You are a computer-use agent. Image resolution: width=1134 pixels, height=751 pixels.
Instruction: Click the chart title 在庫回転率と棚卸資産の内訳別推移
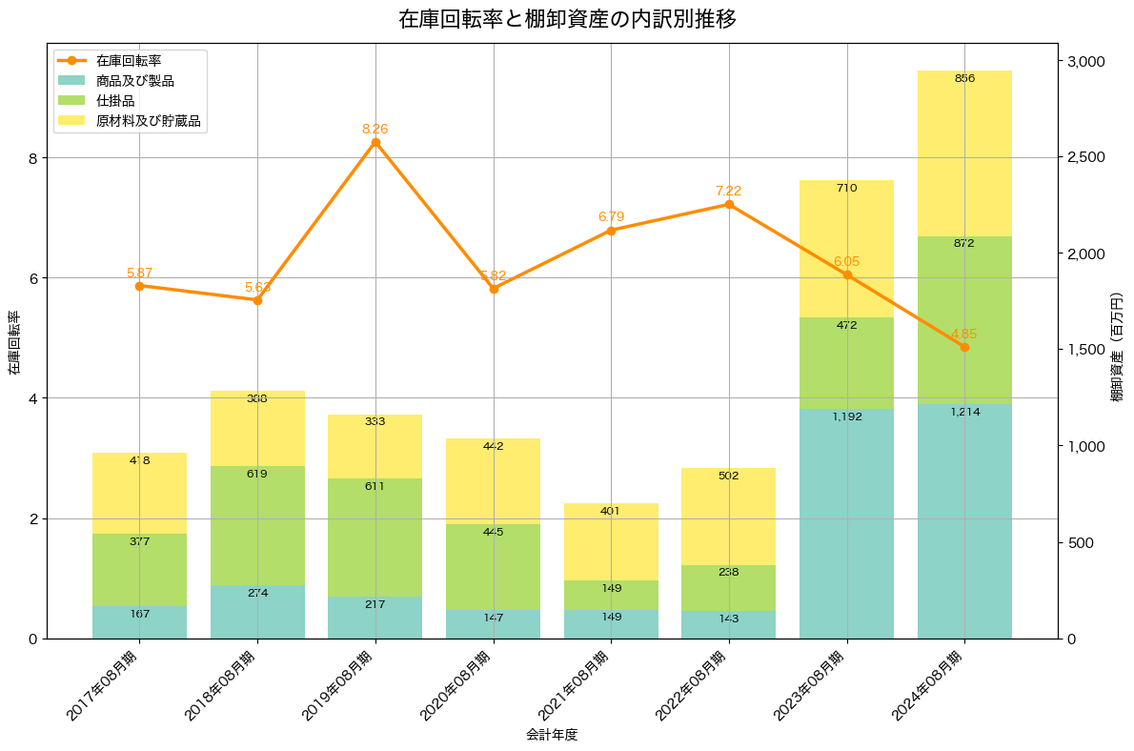tap(566, 19)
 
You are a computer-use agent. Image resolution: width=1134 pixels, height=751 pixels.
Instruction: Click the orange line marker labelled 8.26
tap(375, 143)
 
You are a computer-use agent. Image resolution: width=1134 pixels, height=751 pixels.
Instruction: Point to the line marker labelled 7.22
tap(729, 205)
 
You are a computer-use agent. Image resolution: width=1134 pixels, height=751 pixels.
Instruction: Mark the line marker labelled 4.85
tap(964, 347)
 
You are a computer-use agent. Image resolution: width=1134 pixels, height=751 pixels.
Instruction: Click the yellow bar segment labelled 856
tap(964, 152)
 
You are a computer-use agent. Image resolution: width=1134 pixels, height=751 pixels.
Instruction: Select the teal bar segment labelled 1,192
tap(846, 523)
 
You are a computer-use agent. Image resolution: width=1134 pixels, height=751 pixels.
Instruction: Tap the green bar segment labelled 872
tap(964, 319)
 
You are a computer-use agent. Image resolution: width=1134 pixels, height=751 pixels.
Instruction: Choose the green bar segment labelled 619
tap(257, 525)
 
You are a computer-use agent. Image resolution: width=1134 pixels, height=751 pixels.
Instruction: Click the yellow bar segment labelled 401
tap(611, 541)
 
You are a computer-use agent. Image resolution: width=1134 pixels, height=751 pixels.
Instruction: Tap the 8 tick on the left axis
tap(31, 158)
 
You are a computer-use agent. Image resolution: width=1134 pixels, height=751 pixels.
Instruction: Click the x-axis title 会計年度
tap(552, 735)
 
